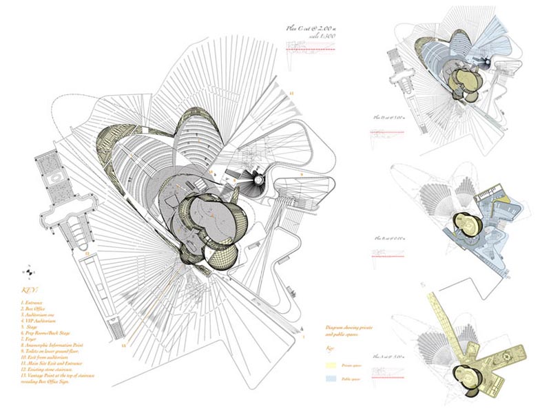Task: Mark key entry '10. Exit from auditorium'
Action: click(x=49, y=360)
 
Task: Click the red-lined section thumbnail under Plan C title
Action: click(x=310, y=48)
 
